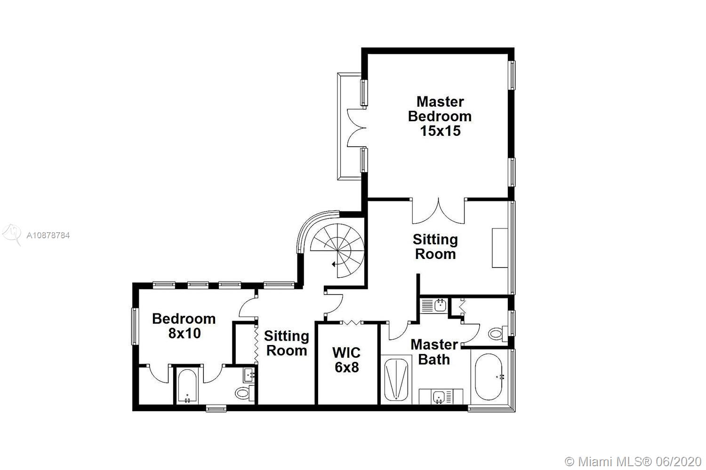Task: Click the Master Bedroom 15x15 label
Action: coord(440,116)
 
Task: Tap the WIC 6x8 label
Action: coord(346,360)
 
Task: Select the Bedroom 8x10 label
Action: coord(184,326)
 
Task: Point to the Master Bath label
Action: coord(434,352)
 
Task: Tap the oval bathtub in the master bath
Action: coord(489,377)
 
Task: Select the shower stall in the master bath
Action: coord(396,380)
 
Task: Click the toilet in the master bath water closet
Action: coord(498,333)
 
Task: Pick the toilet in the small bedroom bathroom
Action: coord(245,393)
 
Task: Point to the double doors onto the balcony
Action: coord(356,128)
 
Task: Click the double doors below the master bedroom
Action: coord(438,211)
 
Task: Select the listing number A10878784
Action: coord(48,235)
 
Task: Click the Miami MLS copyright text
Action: coord(633,462)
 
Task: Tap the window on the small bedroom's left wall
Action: coord(135,326)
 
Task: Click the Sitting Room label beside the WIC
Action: coord(287,343)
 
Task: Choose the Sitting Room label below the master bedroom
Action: coord(435,246)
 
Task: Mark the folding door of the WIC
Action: coord(352,322)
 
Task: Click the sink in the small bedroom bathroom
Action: coord(249,375)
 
